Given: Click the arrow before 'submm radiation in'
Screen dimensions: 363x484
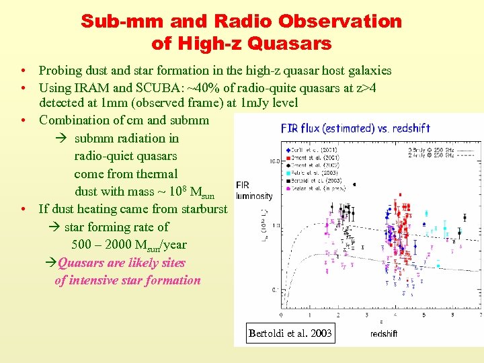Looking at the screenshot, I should [x=61, y=138].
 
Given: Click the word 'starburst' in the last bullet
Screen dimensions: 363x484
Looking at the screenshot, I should [x=202, y=209].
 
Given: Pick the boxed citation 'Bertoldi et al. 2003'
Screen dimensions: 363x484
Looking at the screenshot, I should [x=290, y=333].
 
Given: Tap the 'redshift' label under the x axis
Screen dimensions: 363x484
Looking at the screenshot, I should [x=384, y=333].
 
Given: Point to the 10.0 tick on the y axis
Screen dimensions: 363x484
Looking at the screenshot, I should [x=274, y=161].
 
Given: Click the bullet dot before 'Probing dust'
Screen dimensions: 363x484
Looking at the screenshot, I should [x=23, y=71].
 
